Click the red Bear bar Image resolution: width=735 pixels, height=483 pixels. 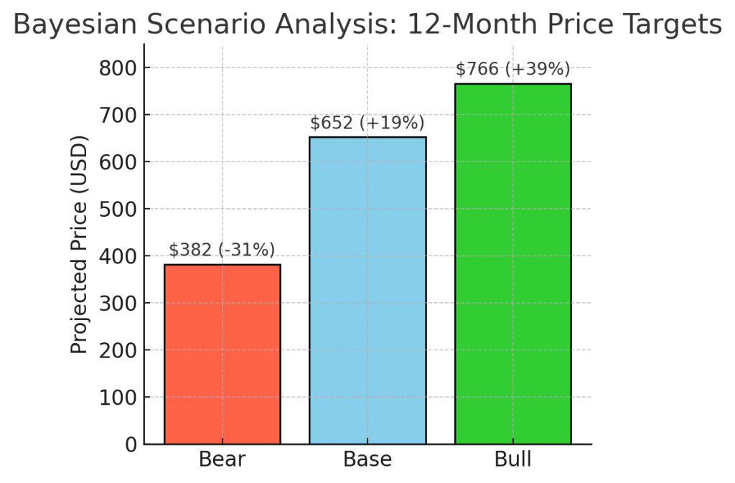(x=223, y=355)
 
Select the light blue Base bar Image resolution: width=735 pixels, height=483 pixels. (x=367, y=291)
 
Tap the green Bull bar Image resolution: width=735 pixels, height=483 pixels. (x=512, y=264)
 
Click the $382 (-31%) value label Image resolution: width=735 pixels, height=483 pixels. (x=222, y=250)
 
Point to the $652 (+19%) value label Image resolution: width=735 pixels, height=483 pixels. (x=367, y=123)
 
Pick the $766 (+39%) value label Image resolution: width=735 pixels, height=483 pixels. (x=512, y=69)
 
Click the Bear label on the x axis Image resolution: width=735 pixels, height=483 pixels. (x=223, y=459)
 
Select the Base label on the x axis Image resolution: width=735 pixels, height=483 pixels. (x=367, y=459)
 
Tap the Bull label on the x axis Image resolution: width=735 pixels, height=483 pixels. (x=512, y=459)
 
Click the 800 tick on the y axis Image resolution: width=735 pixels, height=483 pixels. (x=117, y=68)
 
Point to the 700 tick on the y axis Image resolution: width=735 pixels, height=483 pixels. (x=117, y=115)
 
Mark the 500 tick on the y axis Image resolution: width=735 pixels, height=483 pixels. (x=117, y=209)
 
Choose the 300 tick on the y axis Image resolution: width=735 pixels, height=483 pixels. (x=117, y=304)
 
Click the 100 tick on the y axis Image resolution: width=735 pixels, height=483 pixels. (x=117, y=398)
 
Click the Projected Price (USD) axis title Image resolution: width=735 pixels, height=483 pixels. (x=79, y=244)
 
